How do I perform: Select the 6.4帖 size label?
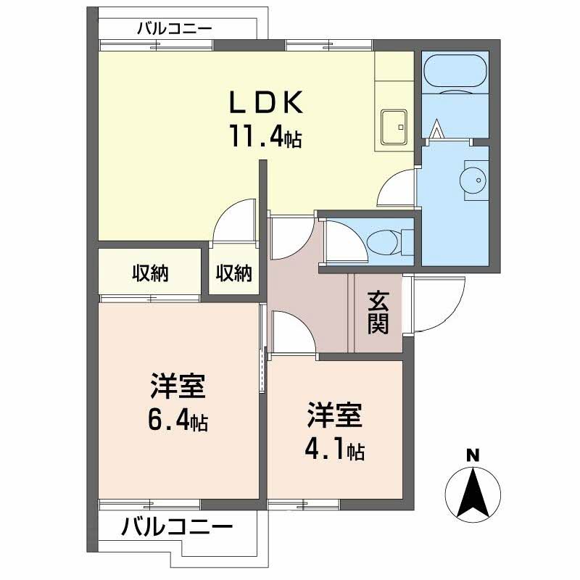[x=178, y=420]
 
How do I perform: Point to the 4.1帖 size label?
[x=333, y=450]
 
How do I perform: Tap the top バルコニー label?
[x=174, y=29]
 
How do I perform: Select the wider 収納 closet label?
[x=149, y=273]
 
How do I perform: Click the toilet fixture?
[x=384, y=240]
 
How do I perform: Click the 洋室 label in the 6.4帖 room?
[x=178, y=386]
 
